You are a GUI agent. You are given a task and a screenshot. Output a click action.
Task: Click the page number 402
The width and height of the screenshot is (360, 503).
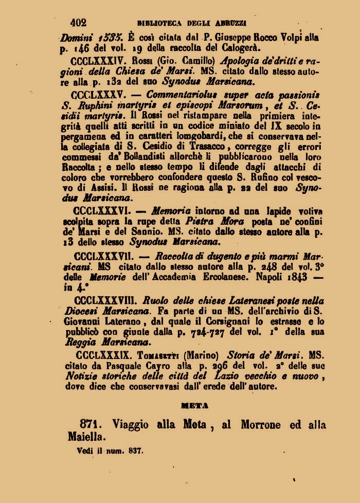pyautogui.click(x=78, y=22)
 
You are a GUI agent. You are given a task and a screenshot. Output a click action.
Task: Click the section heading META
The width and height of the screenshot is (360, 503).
pyautogui.click(x=194, y=406)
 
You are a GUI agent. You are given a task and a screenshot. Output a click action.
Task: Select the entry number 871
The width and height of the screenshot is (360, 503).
pyautogui.click(x=89, y=425)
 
